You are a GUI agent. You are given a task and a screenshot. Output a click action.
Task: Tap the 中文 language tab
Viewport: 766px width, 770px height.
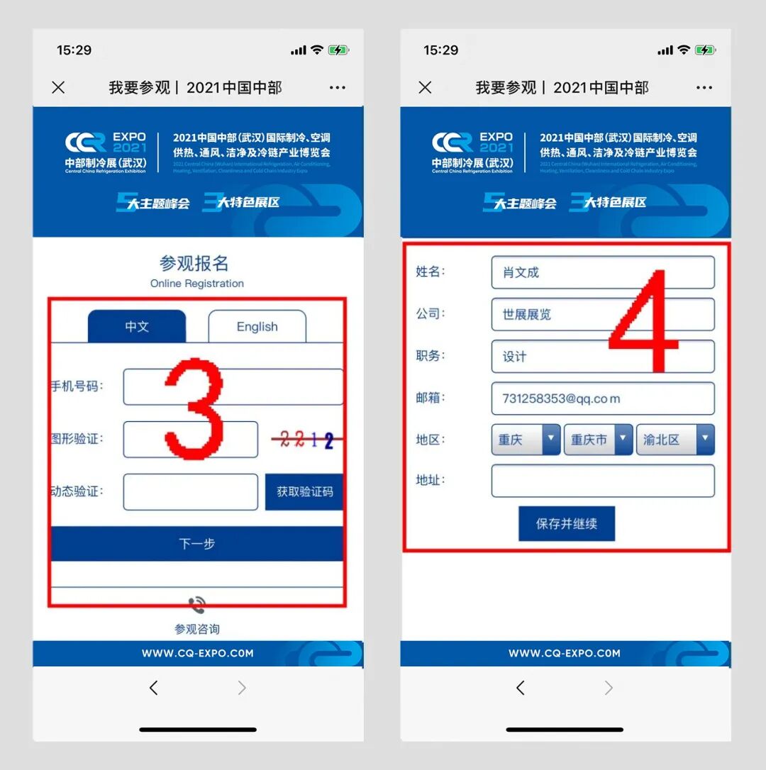point(137,327)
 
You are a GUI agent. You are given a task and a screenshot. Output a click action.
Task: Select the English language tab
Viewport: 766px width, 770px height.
point(257,327)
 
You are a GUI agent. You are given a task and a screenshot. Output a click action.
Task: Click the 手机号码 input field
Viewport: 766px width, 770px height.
point(233,387)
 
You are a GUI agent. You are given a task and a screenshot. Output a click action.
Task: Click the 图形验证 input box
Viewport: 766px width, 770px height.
point(190,440)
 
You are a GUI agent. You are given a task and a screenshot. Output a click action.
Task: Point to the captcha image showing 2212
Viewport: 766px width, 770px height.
point(306,440)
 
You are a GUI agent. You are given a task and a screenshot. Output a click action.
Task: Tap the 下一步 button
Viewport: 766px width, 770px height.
point(196,544)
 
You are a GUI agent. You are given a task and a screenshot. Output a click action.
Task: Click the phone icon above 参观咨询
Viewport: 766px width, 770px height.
point(196,605)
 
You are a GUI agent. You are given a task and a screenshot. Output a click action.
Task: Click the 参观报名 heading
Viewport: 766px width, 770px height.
point(194,264)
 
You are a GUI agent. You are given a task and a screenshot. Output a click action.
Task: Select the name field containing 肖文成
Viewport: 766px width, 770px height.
point(602,273)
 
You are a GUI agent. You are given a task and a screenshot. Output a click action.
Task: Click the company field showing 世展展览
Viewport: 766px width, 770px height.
point(602,314)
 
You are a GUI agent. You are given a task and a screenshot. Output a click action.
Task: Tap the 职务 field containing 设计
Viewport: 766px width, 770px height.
point(602,357)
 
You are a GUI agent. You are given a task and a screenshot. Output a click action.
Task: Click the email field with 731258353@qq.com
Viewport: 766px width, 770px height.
point(602,398)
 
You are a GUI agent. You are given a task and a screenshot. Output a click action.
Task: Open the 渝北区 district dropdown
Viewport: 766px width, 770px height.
point(675,440)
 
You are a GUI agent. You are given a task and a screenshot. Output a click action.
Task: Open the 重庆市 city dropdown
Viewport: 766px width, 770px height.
point(598,440)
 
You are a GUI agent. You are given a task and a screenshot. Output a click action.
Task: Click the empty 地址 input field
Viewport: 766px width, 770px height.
point(602,481)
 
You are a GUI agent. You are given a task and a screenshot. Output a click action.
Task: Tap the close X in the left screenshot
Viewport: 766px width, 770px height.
point(59,87)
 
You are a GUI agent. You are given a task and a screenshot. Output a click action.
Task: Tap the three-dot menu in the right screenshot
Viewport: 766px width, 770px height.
point(704,88)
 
